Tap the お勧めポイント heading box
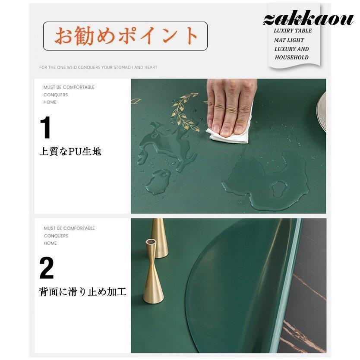coord(125,36)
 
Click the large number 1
coord(46,128)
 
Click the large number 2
coord(47,268)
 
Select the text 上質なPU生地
coord(70,152)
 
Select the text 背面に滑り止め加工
coord(83,293)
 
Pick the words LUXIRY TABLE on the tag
coord(293,31)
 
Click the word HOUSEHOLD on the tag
coord(292,57)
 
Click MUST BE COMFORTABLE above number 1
coord(69,87)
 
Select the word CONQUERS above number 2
coord(56,236)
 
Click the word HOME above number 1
coord(50,102)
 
